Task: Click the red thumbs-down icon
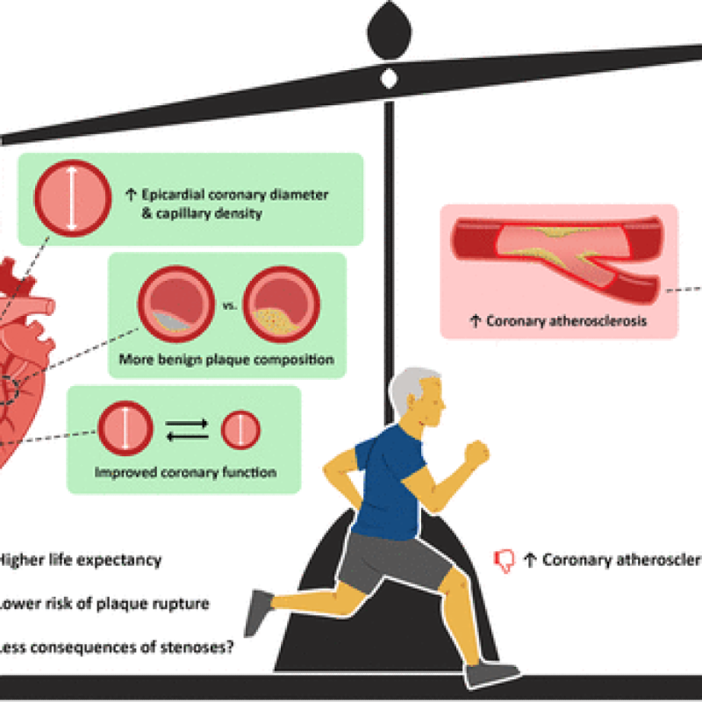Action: [505, 560]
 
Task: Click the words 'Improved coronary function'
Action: [186, 472]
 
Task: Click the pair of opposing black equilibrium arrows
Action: [187, 429]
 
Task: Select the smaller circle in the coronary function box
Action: [240, 430]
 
